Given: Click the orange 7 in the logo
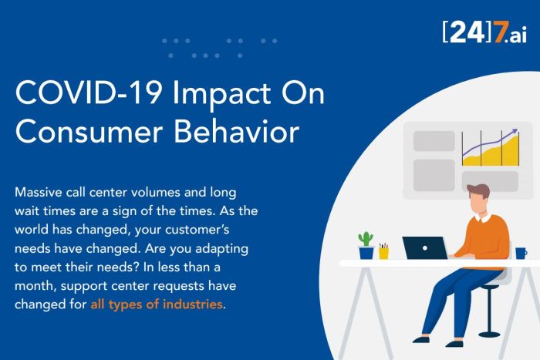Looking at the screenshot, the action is coord(501,32).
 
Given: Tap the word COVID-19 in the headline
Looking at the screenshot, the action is coord(89,93).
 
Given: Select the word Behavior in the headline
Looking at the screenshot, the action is coord(236,132).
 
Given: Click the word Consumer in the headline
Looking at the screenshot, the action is coord(89,132).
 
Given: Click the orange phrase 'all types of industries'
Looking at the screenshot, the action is coord(157,304).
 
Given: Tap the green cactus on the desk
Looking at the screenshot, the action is coord(366,239).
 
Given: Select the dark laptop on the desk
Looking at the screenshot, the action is coord(425,247).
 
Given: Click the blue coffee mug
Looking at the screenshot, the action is coord(521,254).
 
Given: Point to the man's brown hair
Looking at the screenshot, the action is coord(479,190).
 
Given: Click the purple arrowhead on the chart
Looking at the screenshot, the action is coord(515,131).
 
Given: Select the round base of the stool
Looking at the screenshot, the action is coord(489,334).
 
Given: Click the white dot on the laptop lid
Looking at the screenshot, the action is coord(425,248).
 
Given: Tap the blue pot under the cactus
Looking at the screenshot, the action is coord(366,253).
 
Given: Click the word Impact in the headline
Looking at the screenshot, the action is coord(222,94).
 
